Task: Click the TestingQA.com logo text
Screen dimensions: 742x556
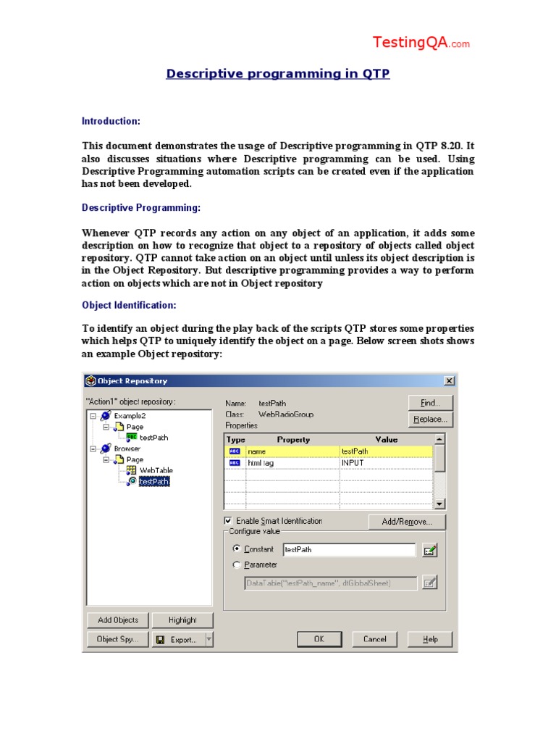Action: pyautogui.click(x=421, y=43)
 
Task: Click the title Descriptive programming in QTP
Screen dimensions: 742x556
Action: pyautogui.click(x=278, y=74)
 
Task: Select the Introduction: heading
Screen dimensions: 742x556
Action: pyautogui.click(x=111, y=121)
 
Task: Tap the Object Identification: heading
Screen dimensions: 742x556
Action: pyautogui.click(x=129, y=305)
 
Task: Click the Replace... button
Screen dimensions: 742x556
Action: pyautogui.click(x=430, y=419)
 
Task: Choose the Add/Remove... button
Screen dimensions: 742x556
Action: pyautogui.click(x=407, y=522)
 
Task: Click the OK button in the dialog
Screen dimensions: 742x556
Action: pyautogui.click(x=319, y=639)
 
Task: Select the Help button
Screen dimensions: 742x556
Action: pyautogui.click(x=430, y=639)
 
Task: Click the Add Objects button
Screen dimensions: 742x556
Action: pyautogui.click(x=118, y=620)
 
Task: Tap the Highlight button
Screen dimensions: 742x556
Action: pyautogui.click(x=182, y=620)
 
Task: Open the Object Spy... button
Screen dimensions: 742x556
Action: pyautogui.click(x=118, y=639)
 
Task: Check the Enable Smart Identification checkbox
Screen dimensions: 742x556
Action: pyautogui.click(x=229, y=521)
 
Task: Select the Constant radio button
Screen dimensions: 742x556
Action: pyautogui.click(x=236, y=549)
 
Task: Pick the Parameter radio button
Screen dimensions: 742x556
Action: pyautogui.click(x=236, y=564)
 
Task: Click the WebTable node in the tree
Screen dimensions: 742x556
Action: pyautogui.click(x=156, y=470)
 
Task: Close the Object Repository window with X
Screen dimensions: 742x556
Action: pyautogui.click(x=449, y=381)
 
